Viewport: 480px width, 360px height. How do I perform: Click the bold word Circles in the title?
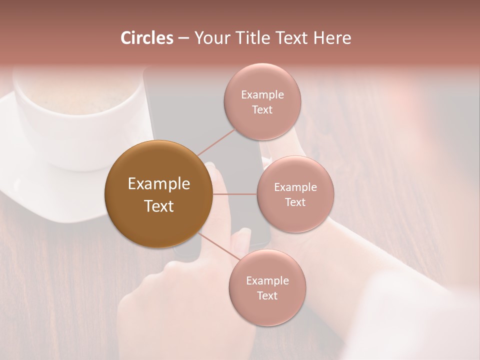coord(147,38)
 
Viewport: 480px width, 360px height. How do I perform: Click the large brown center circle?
coord(159,194)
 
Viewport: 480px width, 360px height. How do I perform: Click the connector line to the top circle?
coord(216,142)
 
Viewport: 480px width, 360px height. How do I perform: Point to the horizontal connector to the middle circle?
coord(234,194)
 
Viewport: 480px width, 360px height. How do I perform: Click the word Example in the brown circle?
coord(159,184)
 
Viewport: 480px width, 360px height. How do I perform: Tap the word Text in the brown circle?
coord(159,206)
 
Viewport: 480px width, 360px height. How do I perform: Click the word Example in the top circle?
coord(262,95)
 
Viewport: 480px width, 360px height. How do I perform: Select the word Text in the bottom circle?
coord(267,296)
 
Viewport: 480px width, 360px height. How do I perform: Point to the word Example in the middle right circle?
coord(295,187)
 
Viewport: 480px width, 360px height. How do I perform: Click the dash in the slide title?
coord(183,38)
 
